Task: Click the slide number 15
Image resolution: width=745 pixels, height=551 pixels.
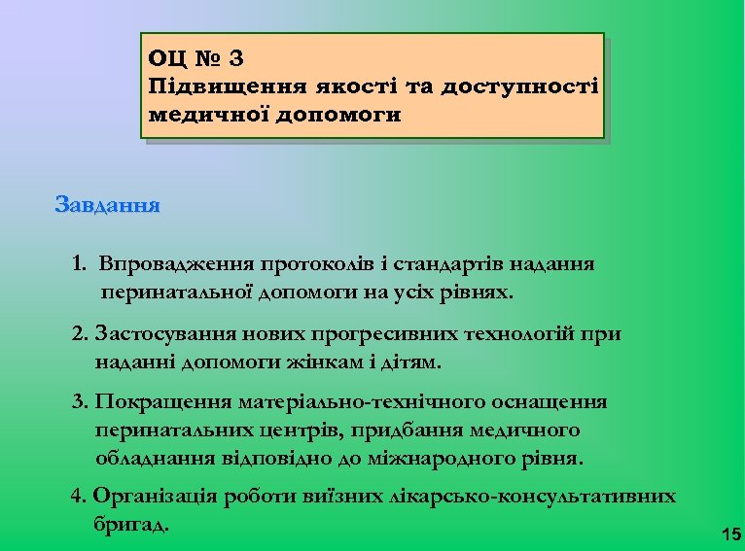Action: tap(731, 534)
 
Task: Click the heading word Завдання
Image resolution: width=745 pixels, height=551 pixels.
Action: tap(108, 206)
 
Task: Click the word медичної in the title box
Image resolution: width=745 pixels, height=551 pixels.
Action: tap(208, 115)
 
